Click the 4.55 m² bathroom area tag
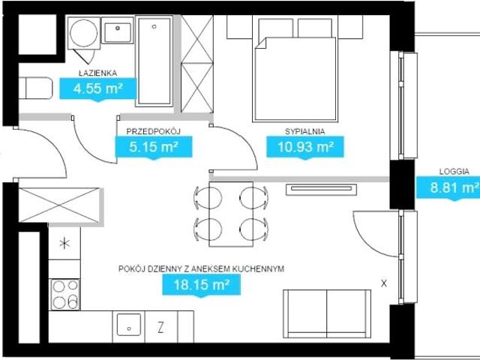point(97,88)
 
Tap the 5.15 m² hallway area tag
point(154,147)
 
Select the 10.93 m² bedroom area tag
point(305,147)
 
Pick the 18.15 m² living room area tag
point(201,285)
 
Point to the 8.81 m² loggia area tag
point(448,187)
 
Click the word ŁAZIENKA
point(97,73)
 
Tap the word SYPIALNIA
point(305,131)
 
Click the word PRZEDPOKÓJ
point(153,131)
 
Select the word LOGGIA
point(454,172)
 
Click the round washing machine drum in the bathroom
point(83,33)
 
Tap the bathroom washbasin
point(118,30)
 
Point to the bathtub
point(154,61)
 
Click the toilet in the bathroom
point(35,88)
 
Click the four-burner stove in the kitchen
point(65,295)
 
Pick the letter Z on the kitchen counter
point(160,328)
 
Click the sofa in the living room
point(327,313)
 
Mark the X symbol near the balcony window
point(384,283)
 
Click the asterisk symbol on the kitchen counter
point(64,244)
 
